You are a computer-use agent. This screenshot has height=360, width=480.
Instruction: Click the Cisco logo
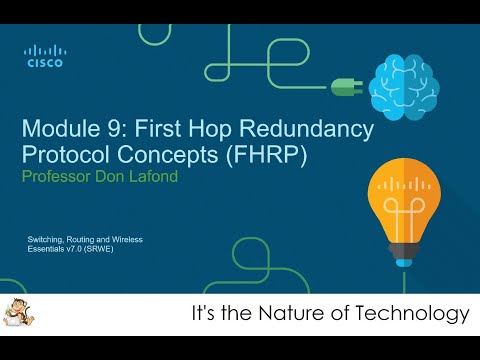[x=44, y=56]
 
